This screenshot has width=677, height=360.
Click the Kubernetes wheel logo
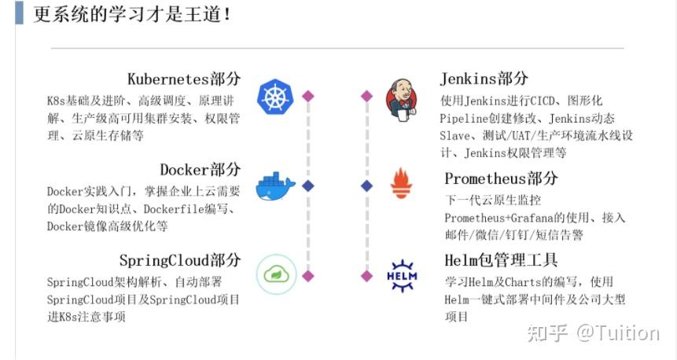(274, 97)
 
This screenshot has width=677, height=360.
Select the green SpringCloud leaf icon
(276, 274)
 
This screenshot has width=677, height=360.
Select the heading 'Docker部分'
(200, 170)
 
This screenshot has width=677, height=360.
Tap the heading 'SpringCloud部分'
(179, 260)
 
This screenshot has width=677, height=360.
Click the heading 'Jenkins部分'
(484, 79)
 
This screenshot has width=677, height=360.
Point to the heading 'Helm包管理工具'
(501, 260)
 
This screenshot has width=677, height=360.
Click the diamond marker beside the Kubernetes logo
(308, 96)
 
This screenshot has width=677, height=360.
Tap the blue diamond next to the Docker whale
(308, 186)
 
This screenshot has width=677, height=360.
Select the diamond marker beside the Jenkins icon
(366, 96)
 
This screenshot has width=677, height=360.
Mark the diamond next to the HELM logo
(366, 276)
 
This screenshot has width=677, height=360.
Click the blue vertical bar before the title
(19, 14)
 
